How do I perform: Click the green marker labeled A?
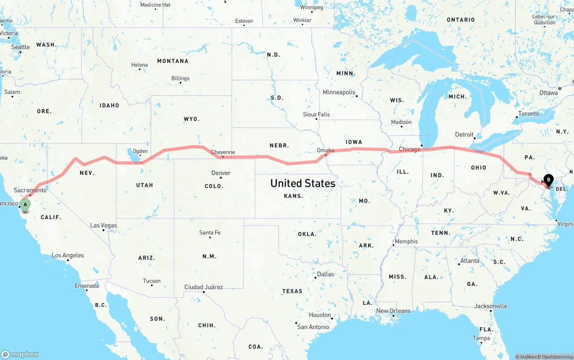(26, 205)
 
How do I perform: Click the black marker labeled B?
(548, 180)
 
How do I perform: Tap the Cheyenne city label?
(223, 152)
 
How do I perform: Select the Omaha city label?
(325, 150)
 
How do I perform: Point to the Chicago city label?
(409, 149)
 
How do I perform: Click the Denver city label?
(221, 173)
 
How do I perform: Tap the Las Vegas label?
(104, 225)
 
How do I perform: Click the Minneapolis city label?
(339, 92)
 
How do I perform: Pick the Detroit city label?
(464, 134)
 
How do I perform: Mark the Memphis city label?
(406, 241)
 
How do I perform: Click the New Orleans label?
(393, 311)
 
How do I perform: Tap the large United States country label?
(303, 183)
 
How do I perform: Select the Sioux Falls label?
(316, 114)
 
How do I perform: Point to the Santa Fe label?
(210, 232)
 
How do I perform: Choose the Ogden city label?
(140, 151)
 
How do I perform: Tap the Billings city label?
(180, 78)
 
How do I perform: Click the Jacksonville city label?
(491, 306)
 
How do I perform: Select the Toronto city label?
(528, 113)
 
